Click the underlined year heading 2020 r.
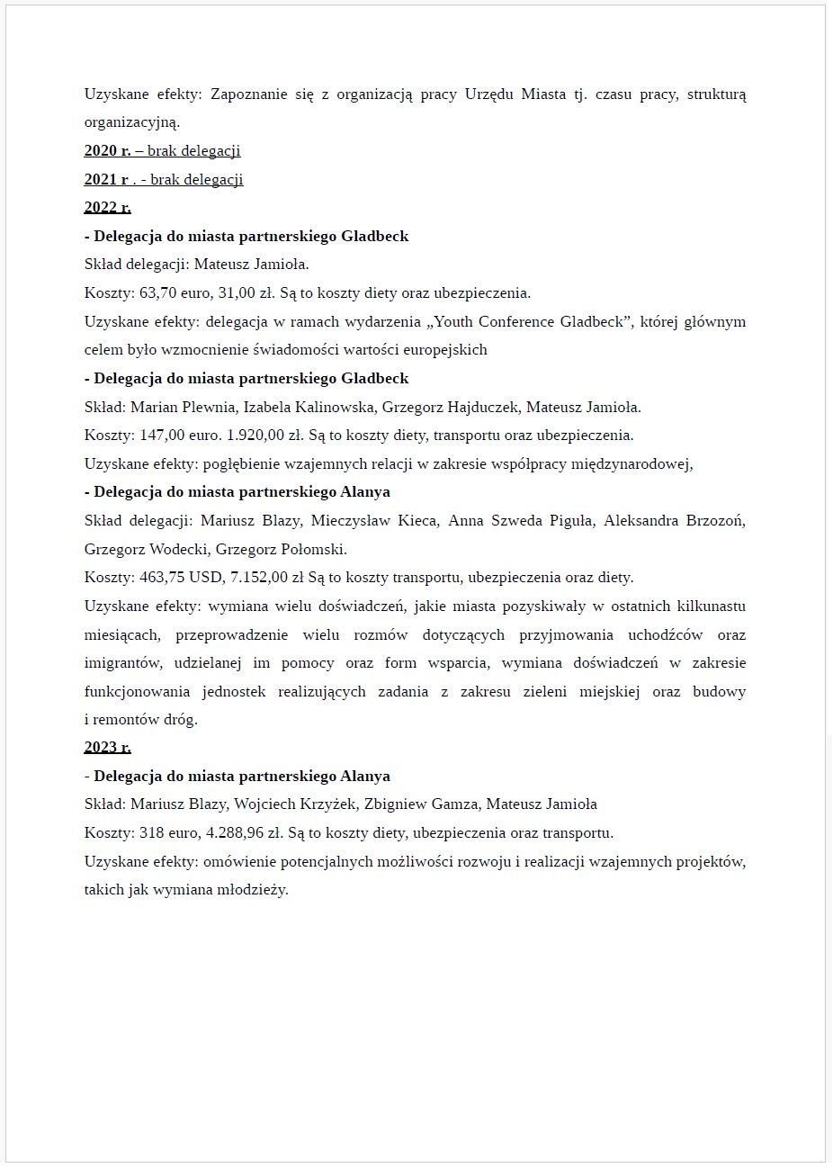[107, 151]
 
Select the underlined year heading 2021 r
[107, 180]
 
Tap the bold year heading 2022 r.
[107, 208]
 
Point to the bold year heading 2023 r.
[107, 748]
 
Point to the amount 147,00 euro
[178, 436]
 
